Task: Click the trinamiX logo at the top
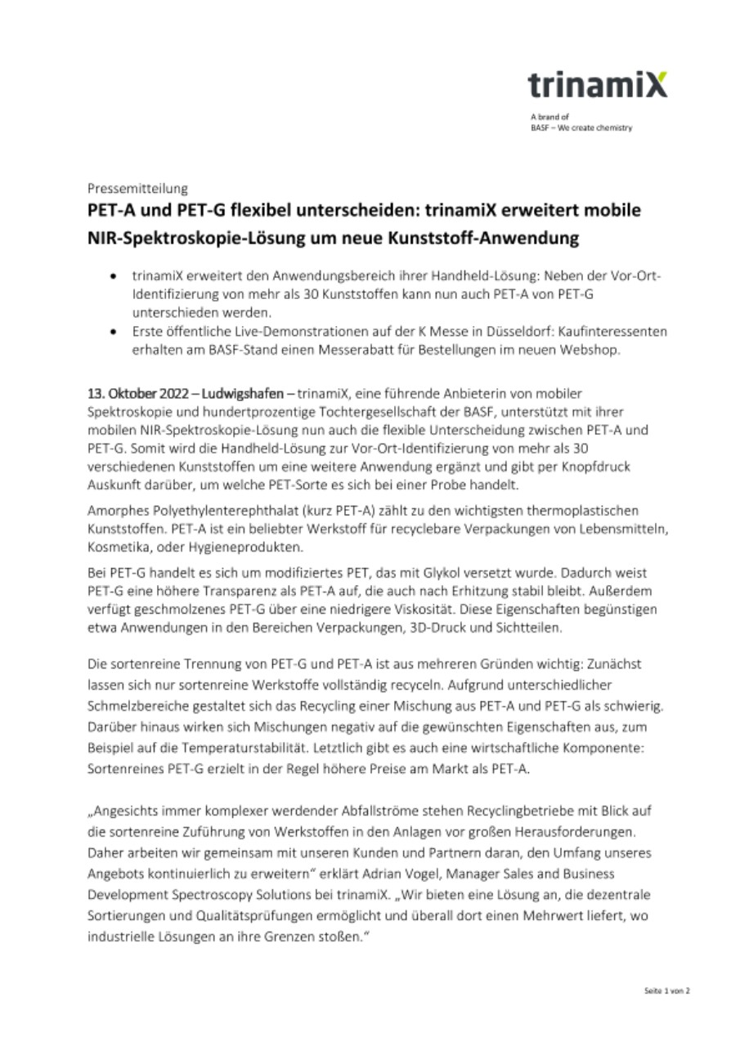click(x=597, y=85)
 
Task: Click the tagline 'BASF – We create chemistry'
click(x=581, y=127)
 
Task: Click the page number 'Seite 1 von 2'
click(x=666, y=990)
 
